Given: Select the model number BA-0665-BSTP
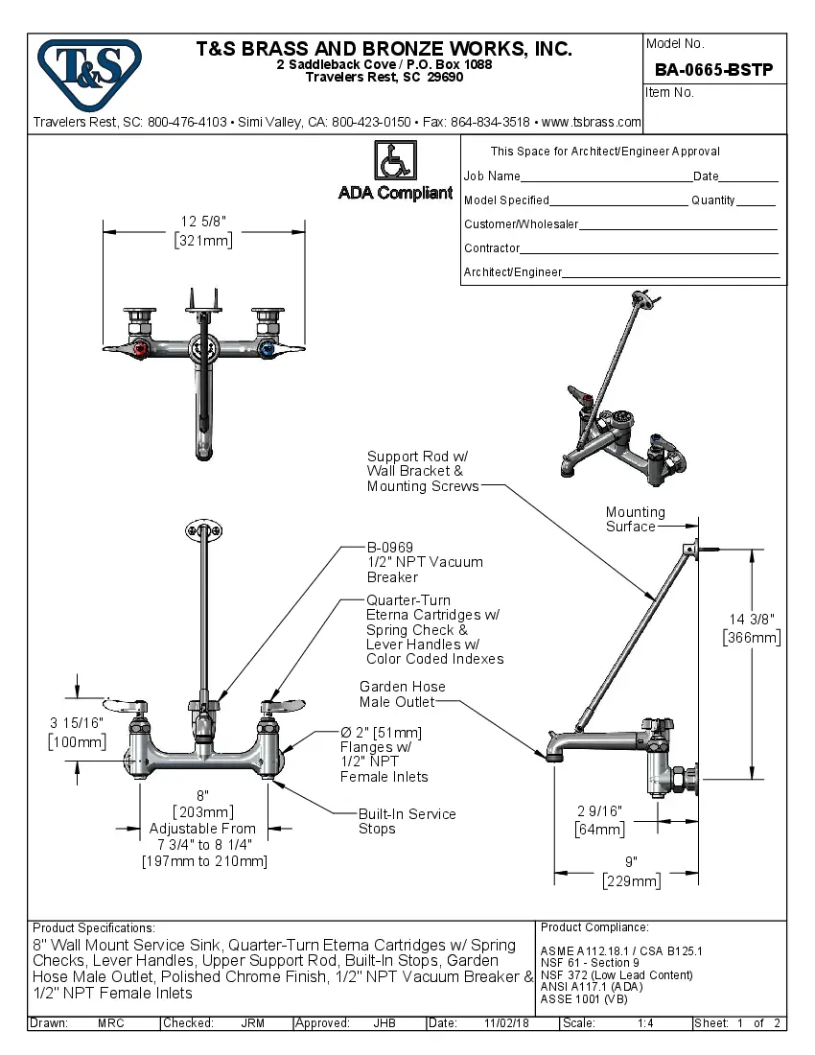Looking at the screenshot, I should tap(713, 69).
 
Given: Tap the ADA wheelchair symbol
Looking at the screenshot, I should tap(394, 159).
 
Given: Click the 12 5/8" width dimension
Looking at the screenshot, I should tap(203, 231).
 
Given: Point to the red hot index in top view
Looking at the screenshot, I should tap(142, 350).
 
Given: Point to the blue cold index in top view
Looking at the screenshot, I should tap(266, 350).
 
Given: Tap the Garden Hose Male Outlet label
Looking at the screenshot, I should tap(402, 694).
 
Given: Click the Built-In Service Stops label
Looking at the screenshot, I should tap(407, 821).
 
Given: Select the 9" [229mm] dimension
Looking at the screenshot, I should tap(631, 872).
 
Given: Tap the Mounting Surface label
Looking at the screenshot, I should tap(635, 519).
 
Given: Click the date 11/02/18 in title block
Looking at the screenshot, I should tap(506, 1023).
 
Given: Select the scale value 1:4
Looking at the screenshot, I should tap(645, 1023).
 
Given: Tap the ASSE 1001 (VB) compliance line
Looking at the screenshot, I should tap(583, 997).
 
